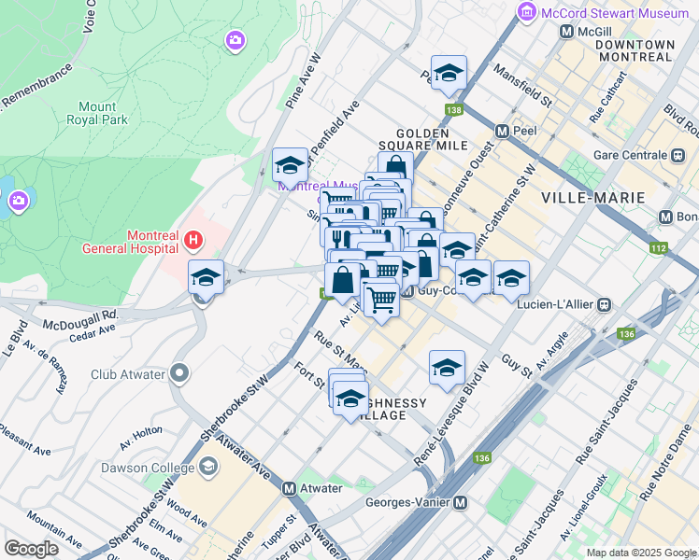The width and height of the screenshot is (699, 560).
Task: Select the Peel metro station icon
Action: pos(502,132)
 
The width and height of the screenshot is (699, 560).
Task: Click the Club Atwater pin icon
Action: pos(180,374)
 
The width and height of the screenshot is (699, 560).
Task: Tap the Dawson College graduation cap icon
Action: pos(207,466)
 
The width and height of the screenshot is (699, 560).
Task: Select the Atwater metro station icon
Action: pos(289,488)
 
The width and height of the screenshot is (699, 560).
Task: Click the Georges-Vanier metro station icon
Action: pos(461,503)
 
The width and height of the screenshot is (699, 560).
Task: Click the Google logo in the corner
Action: pos(31,548)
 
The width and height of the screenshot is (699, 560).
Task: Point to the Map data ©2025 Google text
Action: pos(640,553)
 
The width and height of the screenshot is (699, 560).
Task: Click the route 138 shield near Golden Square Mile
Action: pos(454,111)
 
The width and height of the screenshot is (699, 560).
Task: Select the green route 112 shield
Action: pos(659,248)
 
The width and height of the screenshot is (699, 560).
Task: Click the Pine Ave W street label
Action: pos(304,81)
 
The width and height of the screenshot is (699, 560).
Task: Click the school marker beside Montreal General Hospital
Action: pos(206,277)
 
